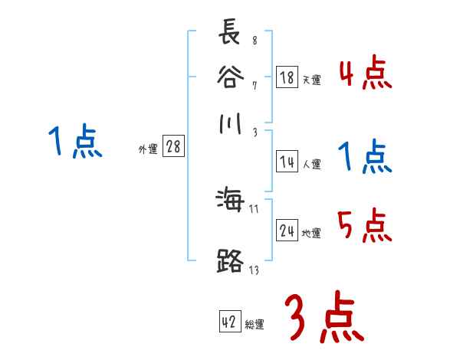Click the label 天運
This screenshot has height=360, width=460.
311,80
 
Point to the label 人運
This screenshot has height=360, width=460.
311,164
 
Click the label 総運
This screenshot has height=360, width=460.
255,325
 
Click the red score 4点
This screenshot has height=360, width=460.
365,75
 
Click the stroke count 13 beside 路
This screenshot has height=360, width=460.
253,269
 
